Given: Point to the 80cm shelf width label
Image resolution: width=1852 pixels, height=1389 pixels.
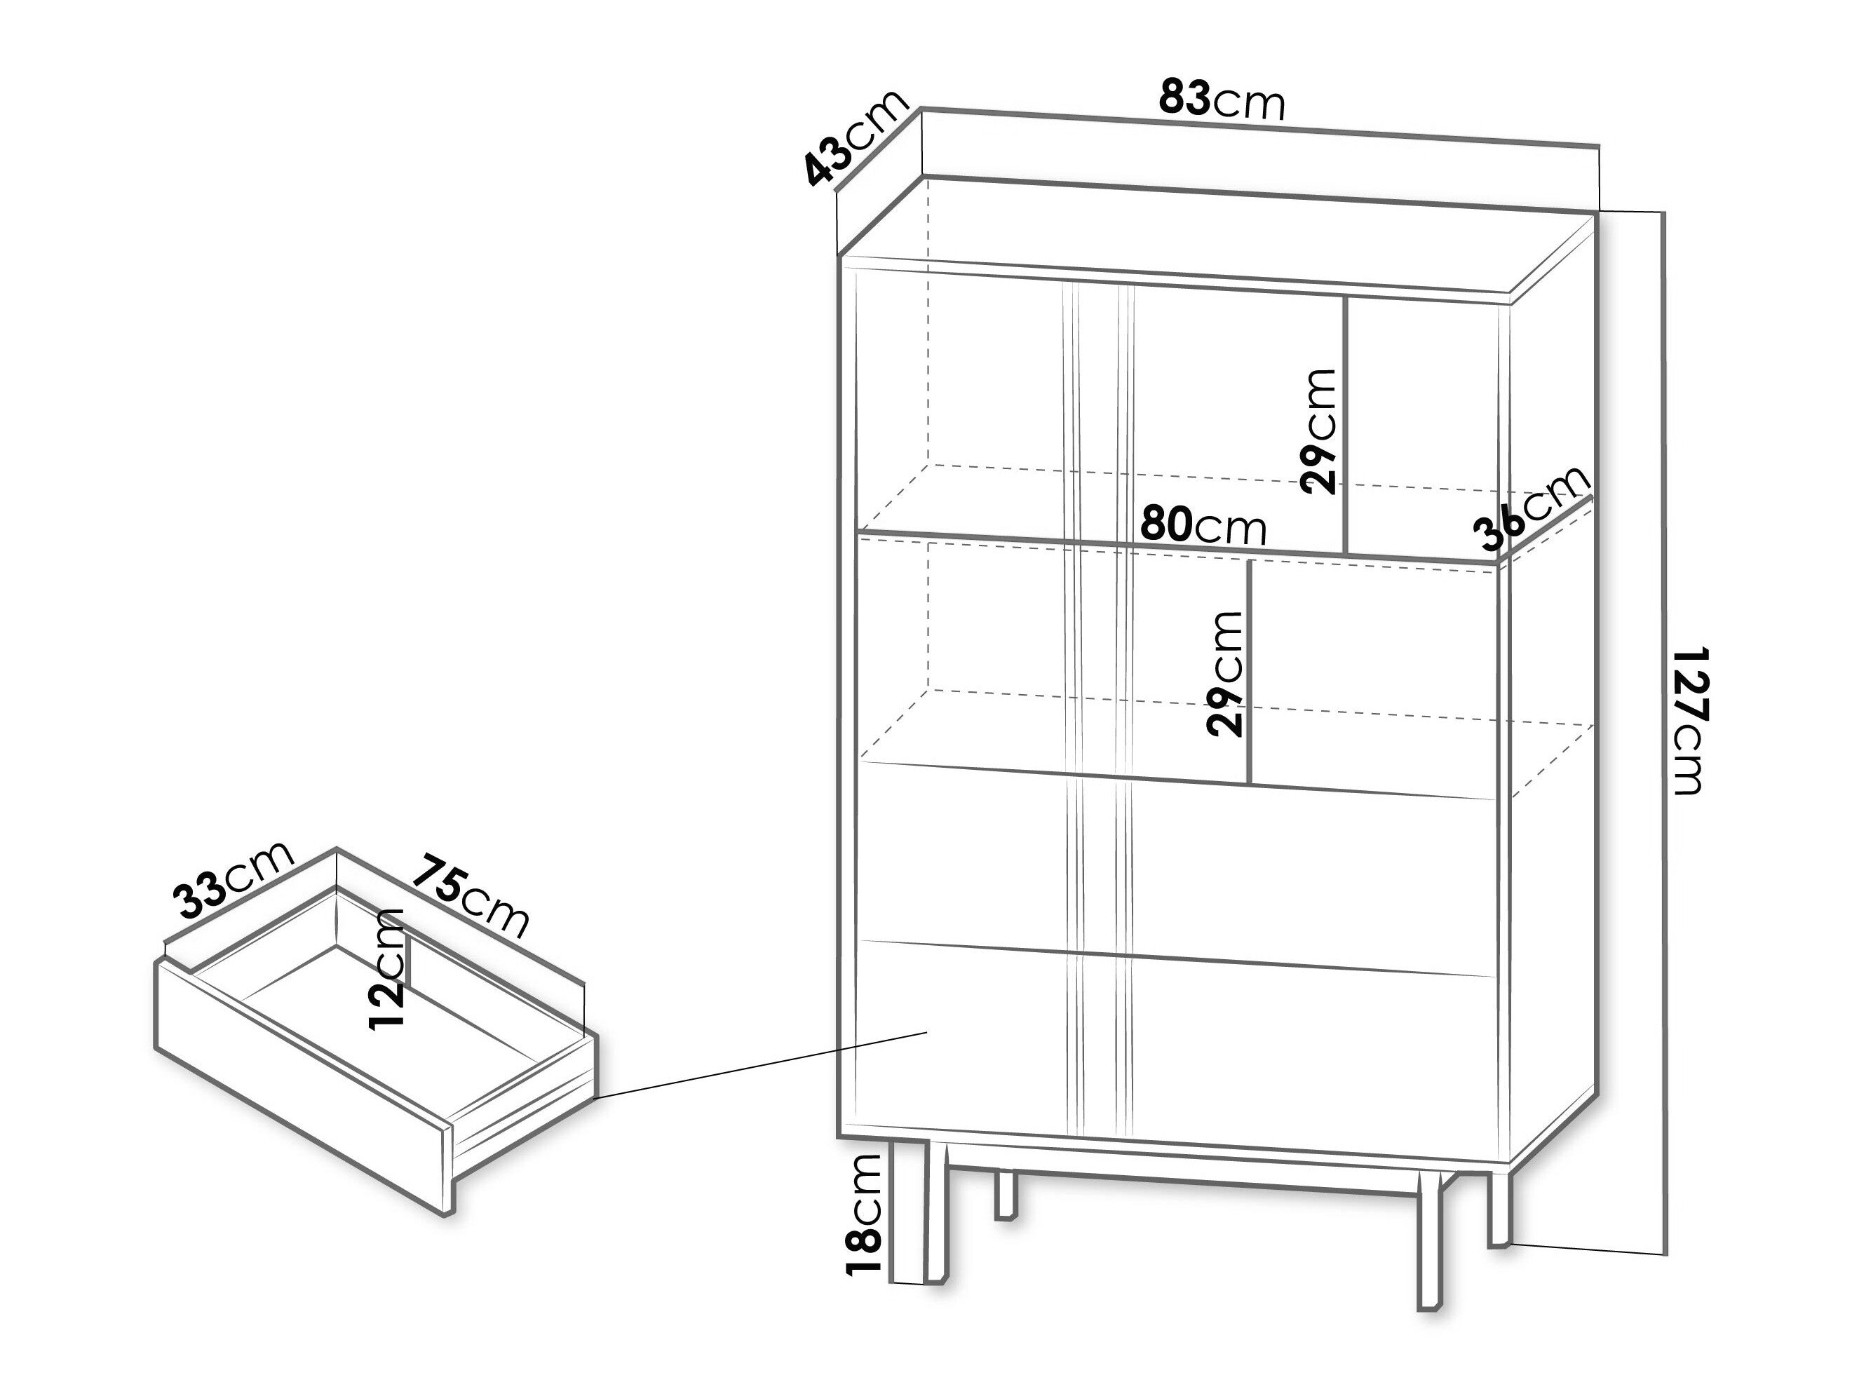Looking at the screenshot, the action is [x=1204, y=527].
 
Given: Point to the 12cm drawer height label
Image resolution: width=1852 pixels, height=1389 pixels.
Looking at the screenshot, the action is [x=387, y=969].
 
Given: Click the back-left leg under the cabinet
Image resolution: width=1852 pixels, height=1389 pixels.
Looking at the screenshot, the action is [x=1006, y=1195].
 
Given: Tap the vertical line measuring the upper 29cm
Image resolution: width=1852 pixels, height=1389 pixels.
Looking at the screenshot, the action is [x=1344, y=426].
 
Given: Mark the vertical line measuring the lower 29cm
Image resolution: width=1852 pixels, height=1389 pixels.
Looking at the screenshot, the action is [x=1249, y=672].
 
